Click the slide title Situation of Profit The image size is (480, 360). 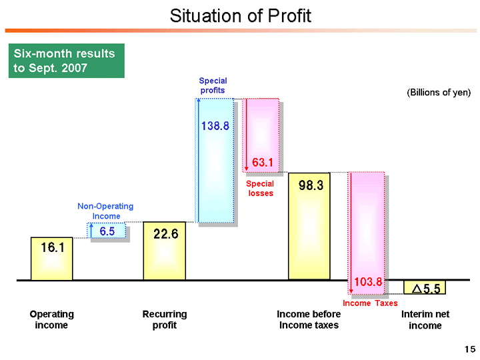coord(240,16)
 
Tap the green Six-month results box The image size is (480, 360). coord(66,61)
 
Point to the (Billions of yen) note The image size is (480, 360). coord(438,93)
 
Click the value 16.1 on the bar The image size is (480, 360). coord(52,247)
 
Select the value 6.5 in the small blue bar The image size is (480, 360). coord(107,231)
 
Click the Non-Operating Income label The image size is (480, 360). coord(105,211)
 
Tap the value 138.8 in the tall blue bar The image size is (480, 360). coord(215,125)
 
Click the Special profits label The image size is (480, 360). coord(213,85)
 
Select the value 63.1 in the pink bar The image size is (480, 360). coord(263,161)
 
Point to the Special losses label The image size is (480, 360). coord(260,188)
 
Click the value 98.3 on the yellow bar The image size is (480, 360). coord(311,187)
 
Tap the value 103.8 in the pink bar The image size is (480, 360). coord(368,283)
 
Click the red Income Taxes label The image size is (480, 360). coord(370,303)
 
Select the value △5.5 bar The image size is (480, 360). coord(425,288)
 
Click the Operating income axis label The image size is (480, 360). coord(51,319)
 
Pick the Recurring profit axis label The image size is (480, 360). coord(165,319)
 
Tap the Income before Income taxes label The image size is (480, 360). coord(309,319)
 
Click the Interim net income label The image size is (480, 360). coord(425,320)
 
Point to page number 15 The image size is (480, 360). coord(469,349)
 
